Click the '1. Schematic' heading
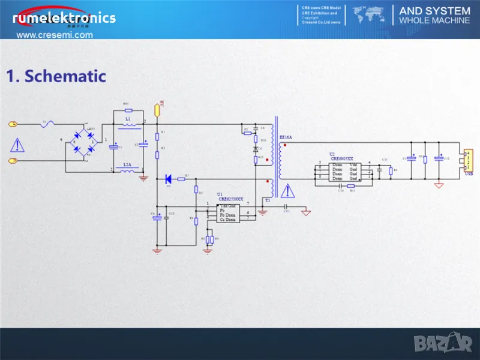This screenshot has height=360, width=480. (x=56, y=76)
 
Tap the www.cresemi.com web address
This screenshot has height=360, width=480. (x=55, y=35)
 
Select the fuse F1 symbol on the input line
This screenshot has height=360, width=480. (x=48, y=124)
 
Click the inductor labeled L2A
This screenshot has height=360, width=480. (x=127, y=170)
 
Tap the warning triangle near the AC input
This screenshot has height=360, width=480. (x=19, y=145)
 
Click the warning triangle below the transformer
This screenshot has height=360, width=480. (x=289, y=191)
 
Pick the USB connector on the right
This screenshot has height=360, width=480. (x=466, y=160)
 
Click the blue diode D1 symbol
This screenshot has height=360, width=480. (x=169, y=179)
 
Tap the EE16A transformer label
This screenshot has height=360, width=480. (x=286, y=137)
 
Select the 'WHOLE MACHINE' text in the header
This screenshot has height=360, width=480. (x=434, y=20)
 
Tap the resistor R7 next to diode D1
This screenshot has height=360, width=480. (x=187, y=179)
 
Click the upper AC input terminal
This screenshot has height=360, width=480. (x=12, y=124)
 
